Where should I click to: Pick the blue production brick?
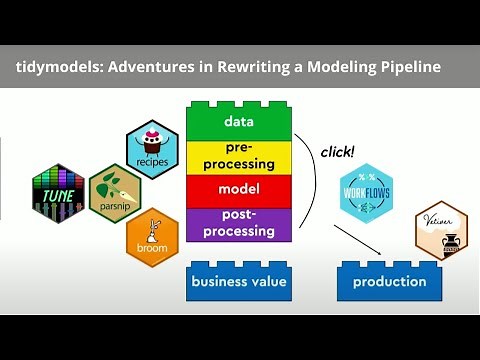tap(388, 281)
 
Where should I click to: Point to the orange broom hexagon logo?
tap(152, 238)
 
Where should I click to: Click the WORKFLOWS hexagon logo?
tap(364, 195)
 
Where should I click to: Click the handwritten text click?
tap(339, 152)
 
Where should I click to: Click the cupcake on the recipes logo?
tap(152, 139)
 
